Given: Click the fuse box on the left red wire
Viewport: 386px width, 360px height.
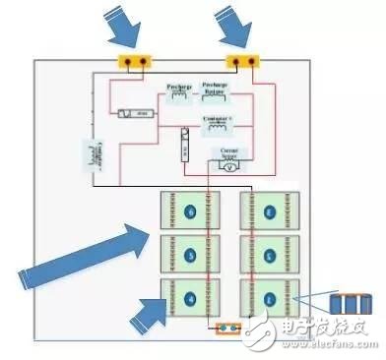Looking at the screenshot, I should (x=134, y=114).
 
